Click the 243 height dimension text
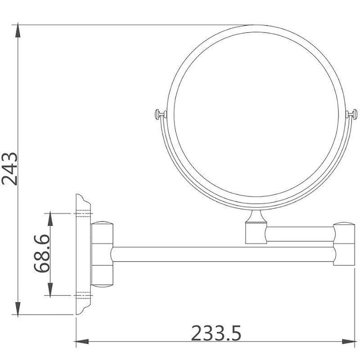tap(10, 169)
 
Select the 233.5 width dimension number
tap(216, 333)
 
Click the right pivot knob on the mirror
tap(353, 113)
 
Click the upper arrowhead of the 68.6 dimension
tap(50, 216)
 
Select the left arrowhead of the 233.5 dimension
tap(78, 341)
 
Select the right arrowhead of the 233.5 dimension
tap(355, 341)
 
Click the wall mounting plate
tap(82, 254)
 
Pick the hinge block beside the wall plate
tap(102, 254)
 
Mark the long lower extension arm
tap(223, 254)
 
